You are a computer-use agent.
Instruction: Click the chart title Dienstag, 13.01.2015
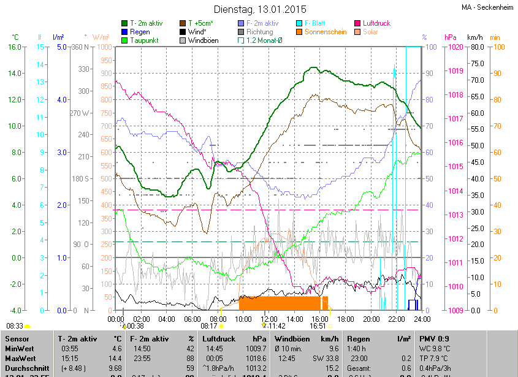point(259,9)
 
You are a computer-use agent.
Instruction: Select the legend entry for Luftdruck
point(376,23)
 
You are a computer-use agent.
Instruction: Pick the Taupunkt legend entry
point(144,40)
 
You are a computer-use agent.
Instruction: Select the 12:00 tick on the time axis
point(269,319)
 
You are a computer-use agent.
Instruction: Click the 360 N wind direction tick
point(80,47)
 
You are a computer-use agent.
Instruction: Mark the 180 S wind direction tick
point(80,178)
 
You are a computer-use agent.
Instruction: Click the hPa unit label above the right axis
point(451,37)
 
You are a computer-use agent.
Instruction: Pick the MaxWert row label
point(20,358)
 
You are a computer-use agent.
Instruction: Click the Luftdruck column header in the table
point(219,338)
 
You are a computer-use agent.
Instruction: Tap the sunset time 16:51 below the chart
point(318,326)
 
